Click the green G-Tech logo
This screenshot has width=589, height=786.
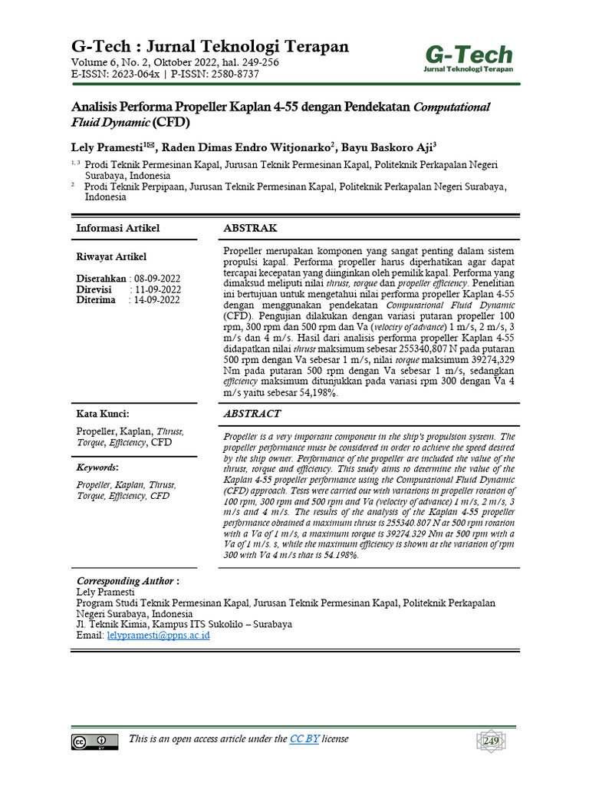(x=469, y=58)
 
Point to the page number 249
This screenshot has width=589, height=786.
(x=490, y=741)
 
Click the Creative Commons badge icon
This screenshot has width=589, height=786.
(x=94, y=741)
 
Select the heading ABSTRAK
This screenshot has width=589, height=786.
(x=250, y=229)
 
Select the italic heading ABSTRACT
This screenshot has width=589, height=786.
(x=252, y=414)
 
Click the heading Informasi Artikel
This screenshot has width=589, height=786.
(x=117, y=229)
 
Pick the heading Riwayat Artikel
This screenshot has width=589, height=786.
(x=111, y=256)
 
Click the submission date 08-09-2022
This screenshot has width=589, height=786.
(x=157, y=278)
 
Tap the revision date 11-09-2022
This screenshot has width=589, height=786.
(x=157, y=289)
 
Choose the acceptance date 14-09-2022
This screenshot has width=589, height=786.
(x=157, y=300)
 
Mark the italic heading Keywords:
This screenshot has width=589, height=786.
(x=97, y=467)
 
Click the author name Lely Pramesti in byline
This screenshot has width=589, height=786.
(x=107, y=146)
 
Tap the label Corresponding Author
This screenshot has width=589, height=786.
(x=125, y=581)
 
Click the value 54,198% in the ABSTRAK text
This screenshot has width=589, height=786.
(x=314, y=393)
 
